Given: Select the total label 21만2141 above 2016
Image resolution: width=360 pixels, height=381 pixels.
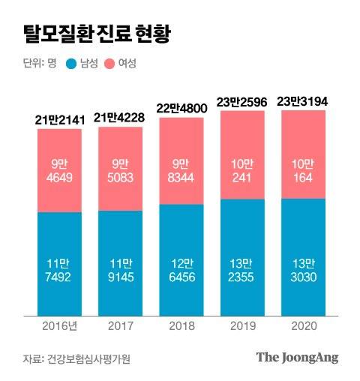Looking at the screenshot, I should [x=59, y=118].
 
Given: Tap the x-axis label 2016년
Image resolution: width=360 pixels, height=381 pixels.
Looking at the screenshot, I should [x=59, y=327].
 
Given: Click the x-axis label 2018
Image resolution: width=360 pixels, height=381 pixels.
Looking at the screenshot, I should [x=181, y=327].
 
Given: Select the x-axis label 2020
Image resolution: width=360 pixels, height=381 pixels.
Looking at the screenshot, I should [x=303, y=327].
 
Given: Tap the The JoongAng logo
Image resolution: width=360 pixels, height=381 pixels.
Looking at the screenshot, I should [x=298, y=358].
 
